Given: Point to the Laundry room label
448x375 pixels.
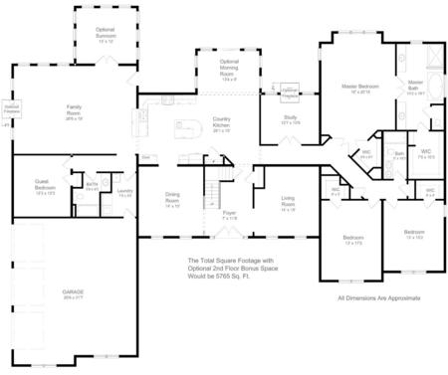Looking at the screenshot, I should (124, 192).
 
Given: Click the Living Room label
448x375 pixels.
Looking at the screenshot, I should (289, 202).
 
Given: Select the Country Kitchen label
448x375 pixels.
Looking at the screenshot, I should (222, 124).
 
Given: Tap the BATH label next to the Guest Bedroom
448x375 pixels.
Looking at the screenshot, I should (91, 184).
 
